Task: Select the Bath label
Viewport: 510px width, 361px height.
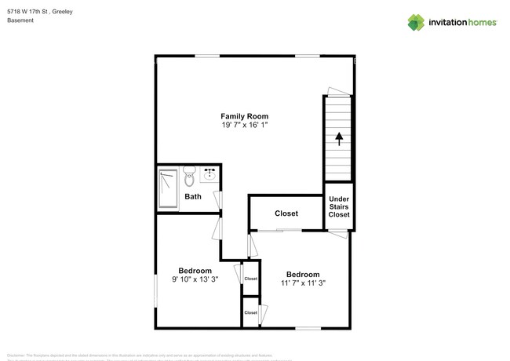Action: coord(192,197)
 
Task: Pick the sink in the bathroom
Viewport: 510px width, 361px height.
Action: coord(209,173)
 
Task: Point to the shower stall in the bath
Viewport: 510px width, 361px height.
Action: coord(168,188)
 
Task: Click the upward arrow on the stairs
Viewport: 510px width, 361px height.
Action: coord(339,140)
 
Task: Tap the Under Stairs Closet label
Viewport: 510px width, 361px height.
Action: coord(339,207)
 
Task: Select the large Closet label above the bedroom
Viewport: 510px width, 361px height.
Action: coord(286,213)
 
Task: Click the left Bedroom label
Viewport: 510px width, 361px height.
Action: coord(195,270)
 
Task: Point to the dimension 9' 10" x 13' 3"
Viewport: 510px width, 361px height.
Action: coord(195,279)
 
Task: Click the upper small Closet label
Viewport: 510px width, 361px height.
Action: coord(250,279)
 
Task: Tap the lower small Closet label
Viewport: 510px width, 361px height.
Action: coord(250,312)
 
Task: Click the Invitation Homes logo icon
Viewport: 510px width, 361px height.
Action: coord(416,22)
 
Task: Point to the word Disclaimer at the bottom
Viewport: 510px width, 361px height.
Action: coord(17,354)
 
